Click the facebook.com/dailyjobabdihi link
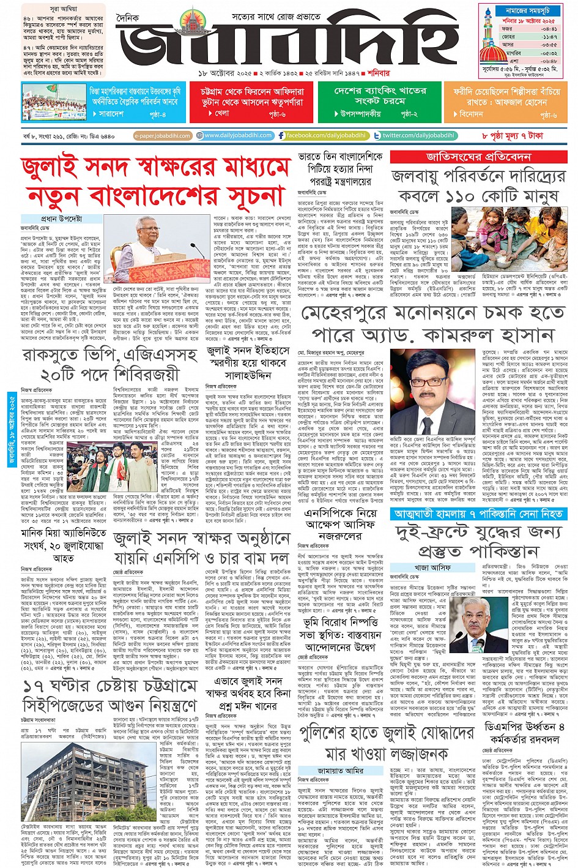point(322,135)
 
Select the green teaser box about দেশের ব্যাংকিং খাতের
point(379,102)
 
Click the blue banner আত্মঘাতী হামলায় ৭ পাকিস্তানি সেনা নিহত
point(478,514)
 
